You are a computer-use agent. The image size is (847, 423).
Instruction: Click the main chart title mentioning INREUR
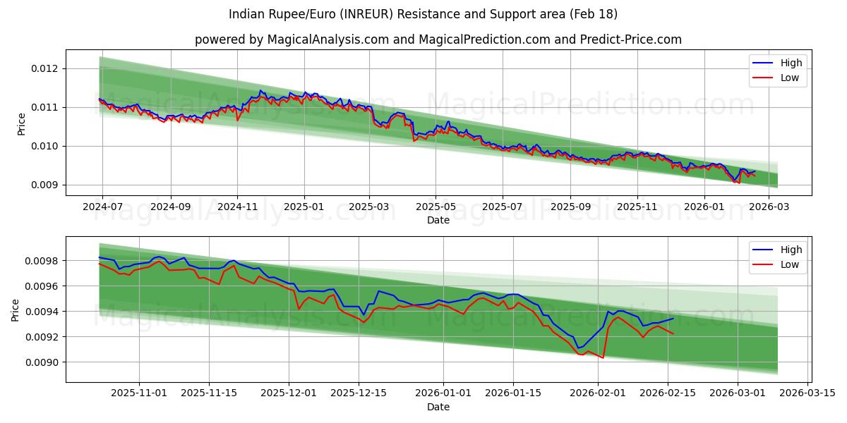point(423,14)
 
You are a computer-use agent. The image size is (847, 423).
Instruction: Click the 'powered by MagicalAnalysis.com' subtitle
point(438,39)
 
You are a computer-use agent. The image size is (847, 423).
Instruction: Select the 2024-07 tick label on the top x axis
point(102,207)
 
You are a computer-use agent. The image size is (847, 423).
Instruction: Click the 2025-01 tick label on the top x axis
point(304,207)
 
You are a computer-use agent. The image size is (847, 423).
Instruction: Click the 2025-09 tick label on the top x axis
point(570,207)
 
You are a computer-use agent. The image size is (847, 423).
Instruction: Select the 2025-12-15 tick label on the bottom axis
point(359,393)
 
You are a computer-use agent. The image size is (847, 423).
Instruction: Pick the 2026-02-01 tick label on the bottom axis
point(599,393)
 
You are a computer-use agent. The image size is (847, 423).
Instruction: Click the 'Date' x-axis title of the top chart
point(438,220)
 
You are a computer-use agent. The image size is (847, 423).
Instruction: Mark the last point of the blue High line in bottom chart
point(673,318)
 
